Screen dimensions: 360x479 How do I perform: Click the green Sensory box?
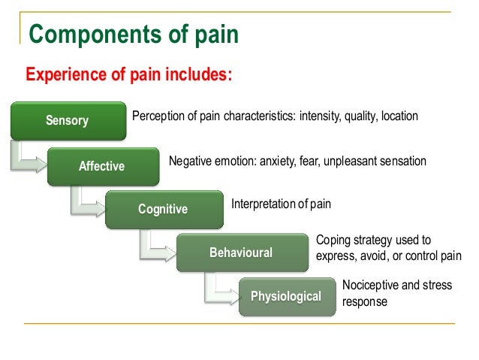(67, 120)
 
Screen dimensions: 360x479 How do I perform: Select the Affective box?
(102, 166)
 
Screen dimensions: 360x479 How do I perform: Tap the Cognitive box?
(163, 209)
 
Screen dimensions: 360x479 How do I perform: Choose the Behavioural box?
(241, 253)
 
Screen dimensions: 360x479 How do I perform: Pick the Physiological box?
(285, 296)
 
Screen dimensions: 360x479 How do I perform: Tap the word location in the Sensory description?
(399, 117)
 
